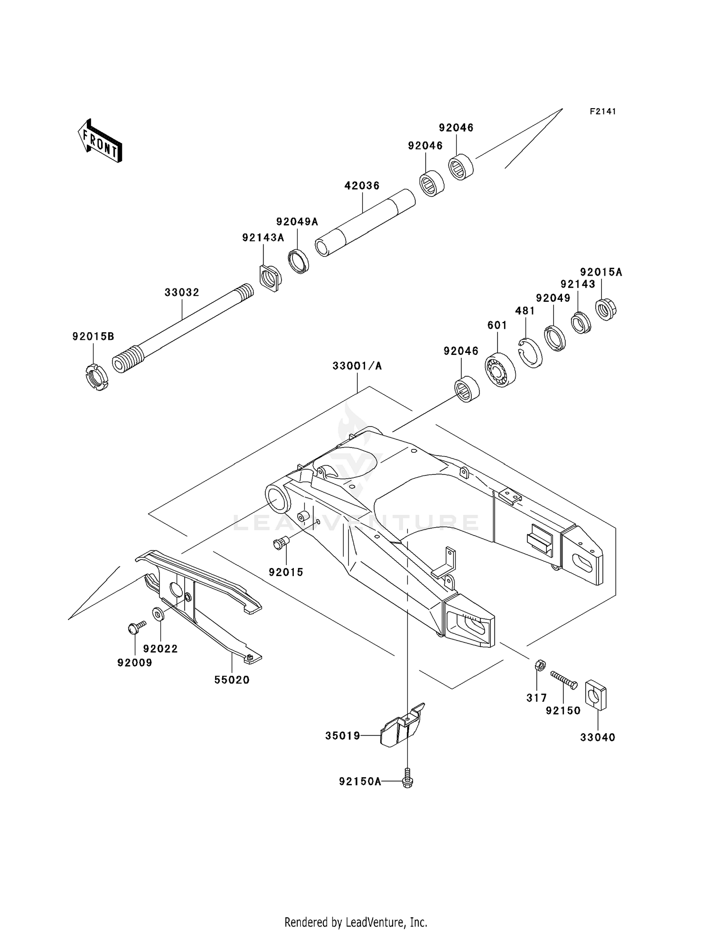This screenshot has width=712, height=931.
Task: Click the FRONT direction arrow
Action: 100,141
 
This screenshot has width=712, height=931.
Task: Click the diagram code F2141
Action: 602,112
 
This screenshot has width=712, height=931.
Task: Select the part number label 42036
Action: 362,186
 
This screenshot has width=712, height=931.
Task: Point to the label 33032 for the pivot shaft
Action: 182,292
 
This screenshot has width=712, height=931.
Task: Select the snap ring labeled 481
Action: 530,353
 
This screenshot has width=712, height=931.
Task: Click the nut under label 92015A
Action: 606,310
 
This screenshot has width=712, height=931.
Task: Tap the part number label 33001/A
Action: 357,366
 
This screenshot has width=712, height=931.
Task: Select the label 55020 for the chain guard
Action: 232,680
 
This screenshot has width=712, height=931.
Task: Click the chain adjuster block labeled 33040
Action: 596,696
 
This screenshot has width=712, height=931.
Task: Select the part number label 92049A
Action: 297,222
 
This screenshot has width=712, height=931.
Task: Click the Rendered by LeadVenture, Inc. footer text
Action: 356,922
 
